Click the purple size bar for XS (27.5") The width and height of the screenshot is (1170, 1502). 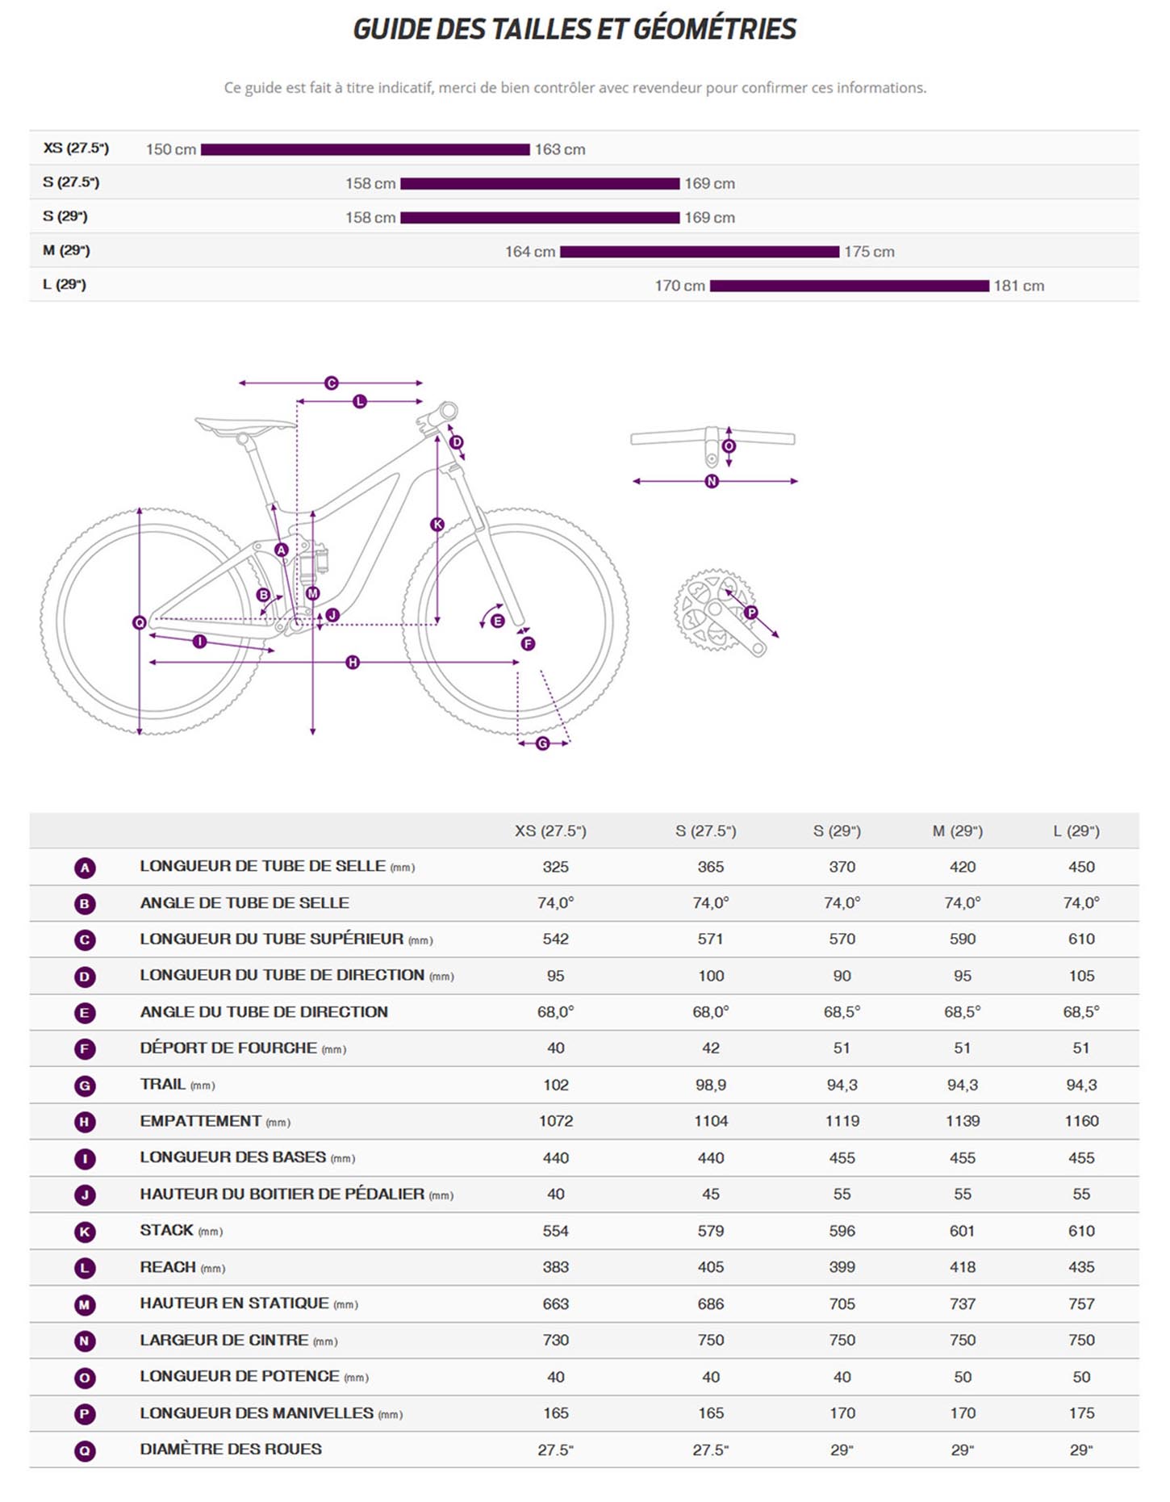pyautogui.click(x=365, y=149)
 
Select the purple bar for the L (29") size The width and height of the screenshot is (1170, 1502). pyautogui.click(x=849, y=286)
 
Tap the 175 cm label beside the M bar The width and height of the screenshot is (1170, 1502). pyautogui.click(x=869, y=252)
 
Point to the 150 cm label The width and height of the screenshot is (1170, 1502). pyautogui.click(x=171, y=149)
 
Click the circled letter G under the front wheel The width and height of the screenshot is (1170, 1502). pyautogui.click(x=543, y=743)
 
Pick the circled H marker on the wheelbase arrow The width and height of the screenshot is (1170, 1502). pyautogui.click(x=353, y=663)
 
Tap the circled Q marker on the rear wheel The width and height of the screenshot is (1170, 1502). pyautogui.click(x=140, y=622)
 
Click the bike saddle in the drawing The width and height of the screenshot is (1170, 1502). pyautogui.click(x=244, y=425)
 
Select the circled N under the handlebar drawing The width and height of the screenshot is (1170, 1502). pyautogui.click(x=712, y=481)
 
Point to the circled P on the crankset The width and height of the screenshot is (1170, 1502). pyautogui.click(x=751, y=613)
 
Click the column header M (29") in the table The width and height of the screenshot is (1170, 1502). pyautogui.click(x=957, y=830)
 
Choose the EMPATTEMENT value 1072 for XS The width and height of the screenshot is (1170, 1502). pyautogui.click(x=556, y=1121)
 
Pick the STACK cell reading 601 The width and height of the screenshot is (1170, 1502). pyautogui.click(x=963, y=1231)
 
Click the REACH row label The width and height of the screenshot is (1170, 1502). pyautogui.click(x=168, y=1267)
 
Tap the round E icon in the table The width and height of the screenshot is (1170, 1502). pyautogui.click(x=85, y=1012)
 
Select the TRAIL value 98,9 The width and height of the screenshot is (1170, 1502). pyautogui.click(x=711, y=1085)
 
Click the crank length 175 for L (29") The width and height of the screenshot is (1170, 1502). pyautogui.click(x=1081, y=1413)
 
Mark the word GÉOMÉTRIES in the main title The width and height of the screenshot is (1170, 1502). pyautogui.click(x=715, y=29)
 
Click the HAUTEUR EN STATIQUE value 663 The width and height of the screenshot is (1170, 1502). pyautogui.click(x=556, y=1303)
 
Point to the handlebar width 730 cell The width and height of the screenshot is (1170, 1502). pyautogui.click(x=556, y=1340)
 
